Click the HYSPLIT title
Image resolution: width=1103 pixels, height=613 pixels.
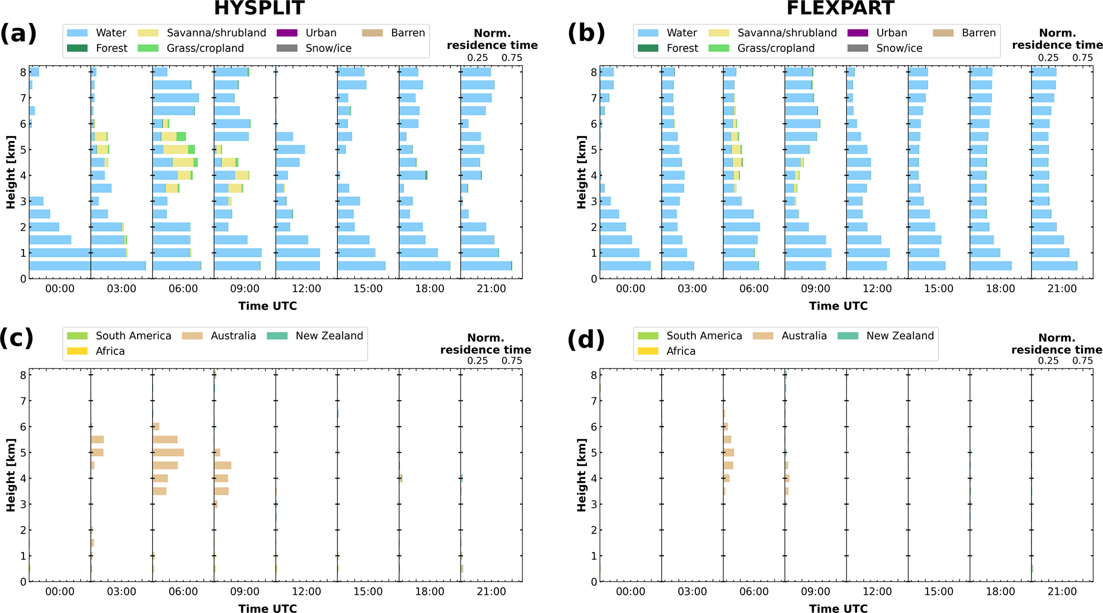tap(259, 8)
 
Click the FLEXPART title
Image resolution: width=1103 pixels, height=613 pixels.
tap(840, 8)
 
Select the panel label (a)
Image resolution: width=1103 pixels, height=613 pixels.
tap(18, 33)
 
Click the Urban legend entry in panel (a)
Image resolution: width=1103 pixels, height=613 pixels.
tap(321, 33)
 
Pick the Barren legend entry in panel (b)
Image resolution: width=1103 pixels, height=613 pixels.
tap(979, 33)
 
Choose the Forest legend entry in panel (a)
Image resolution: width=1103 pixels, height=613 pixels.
tap(112, 49)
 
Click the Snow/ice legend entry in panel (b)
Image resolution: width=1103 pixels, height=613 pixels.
tap(899, 49)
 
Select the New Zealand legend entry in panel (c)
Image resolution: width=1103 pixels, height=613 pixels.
tap(329, 336)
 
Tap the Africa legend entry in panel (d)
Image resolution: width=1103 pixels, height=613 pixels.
tap(680, 351)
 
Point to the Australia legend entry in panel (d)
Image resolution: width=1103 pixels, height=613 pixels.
tap(804, 336)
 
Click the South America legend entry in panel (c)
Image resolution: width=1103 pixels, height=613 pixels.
tap(133, 336)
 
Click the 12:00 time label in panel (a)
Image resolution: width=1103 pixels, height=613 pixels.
tap(306, 289)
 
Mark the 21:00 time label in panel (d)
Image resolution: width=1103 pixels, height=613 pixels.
tap(1062, 592)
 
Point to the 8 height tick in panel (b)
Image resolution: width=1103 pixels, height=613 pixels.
tap(593, 72)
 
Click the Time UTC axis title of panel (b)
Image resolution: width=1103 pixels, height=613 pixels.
tap(838, 306)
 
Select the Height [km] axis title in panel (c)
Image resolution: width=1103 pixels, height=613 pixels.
tap(11, 475)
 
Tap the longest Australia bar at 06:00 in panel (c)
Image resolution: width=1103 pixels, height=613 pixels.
tap(168, 452)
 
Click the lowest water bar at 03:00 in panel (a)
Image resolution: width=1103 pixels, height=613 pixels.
tap(118, 265)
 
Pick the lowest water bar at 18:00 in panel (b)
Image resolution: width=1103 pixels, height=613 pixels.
tap(990, 265)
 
